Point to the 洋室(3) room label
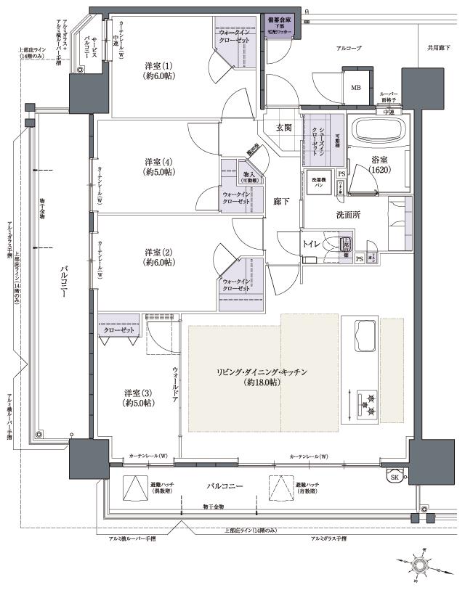tap(137, 397)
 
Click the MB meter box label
tap(356, 88)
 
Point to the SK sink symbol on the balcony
tap(394, 477)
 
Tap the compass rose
tap(421, 565)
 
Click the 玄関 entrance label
tap(283, 128)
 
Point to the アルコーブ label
tap(350, 48)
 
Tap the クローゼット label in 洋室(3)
tap(119, 330)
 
